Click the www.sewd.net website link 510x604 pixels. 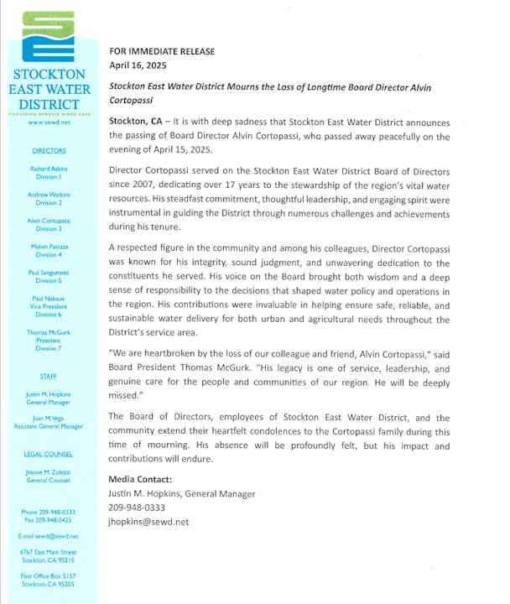pos(49,122)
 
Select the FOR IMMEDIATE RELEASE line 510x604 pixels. pos(162,51)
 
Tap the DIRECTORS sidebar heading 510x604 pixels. pos(49,151)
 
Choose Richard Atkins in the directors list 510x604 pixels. pos(49,168)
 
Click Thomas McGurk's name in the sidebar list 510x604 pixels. pos(49,333)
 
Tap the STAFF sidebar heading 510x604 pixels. pos(49,377)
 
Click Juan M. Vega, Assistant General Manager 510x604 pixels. pos(49,422)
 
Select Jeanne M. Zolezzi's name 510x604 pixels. pos(49,471)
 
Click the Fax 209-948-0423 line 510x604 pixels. pos(49,519)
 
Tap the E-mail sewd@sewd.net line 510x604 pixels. pos(49,535)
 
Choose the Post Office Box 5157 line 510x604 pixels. pos(49,576)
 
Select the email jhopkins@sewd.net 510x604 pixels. pos(148,521)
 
